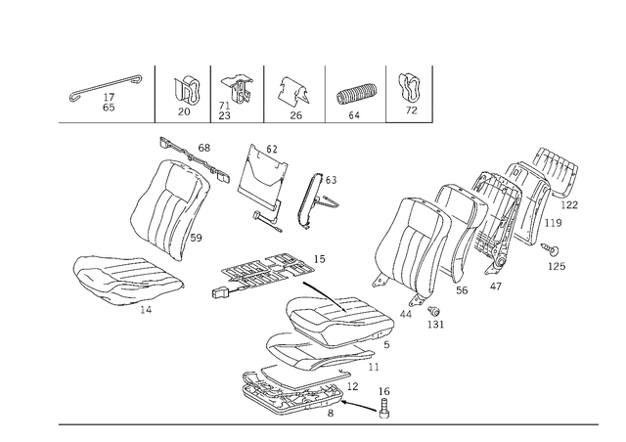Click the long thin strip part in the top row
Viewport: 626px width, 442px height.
point(103,89)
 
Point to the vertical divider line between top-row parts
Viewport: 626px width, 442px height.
point(267,94)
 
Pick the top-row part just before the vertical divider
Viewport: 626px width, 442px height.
point(235,91)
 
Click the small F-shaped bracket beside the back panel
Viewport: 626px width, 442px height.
point(318,196)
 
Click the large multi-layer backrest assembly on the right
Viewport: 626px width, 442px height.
point(479,225)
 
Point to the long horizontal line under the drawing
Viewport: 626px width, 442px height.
point(328,423)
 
